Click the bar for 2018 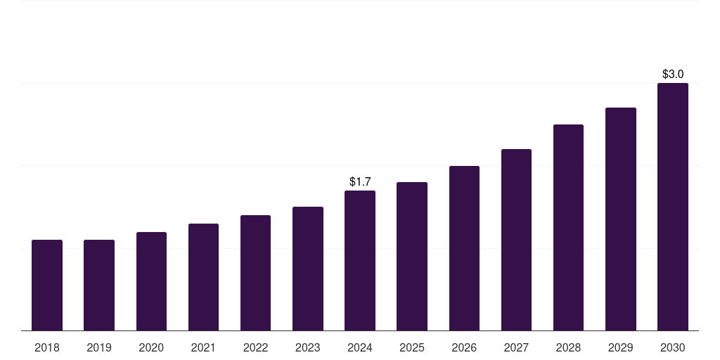point(47,285)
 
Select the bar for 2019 point(99,285)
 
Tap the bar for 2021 point(203,277)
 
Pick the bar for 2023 point(308,269)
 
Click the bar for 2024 point(360,260)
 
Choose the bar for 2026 point(464,248)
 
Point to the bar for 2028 point(568,227)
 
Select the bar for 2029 point(620,219)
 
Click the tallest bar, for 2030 point(672,207)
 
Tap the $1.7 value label point(360,182)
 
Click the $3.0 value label point(673,74)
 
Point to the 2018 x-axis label point(47,347)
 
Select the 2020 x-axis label point(151,347)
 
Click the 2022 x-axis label point(255,347)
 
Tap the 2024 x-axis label point(360,347)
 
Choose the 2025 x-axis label point(412,347)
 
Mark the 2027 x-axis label point(516,347)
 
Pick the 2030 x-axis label point(672,347)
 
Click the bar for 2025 point(412,256)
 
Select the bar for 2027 point(516,240)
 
